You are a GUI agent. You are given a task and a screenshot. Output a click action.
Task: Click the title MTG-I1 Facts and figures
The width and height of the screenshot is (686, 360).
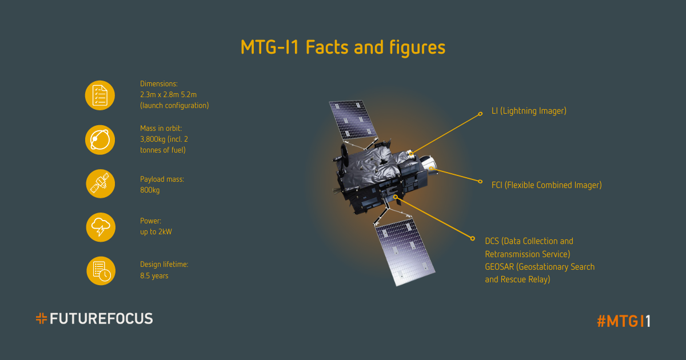343,48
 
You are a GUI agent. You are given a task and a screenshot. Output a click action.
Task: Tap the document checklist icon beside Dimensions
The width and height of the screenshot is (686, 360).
100,95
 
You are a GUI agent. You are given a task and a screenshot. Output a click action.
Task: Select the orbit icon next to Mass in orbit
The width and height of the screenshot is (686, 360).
100,139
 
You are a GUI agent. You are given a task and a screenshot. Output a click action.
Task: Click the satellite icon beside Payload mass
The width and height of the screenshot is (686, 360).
100,183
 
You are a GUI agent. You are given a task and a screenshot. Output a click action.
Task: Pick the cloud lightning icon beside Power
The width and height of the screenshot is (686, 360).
101,227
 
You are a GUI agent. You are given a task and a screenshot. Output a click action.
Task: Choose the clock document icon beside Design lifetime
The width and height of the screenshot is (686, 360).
101,271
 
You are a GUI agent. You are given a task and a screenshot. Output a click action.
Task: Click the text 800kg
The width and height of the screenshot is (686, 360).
150,190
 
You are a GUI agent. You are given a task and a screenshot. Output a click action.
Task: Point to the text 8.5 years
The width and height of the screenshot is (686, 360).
154,276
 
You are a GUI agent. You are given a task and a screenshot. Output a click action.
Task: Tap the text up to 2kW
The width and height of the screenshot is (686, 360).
156,232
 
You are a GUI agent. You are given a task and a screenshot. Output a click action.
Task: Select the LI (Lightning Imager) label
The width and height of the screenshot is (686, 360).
529,111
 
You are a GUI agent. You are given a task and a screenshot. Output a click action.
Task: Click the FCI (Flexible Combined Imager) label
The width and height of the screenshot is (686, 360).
547,185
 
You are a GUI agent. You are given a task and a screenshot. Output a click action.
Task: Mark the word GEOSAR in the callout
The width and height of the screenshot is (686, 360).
499,267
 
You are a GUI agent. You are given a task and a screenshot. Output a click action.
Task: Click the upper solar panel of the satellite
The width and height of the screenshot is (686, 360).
353,119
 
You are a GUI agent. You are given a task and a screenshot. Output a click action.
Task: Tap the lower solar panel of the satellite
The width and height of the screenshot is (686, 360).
405,251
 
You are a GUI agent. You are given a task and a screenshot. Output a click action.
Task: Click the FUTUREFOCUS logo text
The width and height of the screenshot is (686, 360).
101,319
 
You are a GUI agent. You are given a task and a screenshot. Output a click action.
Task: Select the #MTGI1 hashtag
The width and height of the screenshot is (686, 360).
624,321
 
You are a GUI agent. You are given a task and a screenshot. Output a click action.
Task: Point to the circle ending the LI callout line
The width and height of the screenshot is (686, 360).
480,114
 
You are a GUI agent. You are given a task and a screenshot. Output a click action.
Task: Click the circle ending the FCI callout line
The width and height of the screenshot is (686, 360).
480,182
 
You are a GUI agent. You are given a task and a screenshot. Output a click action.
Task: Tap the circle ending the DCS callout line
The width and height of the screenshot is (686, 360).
473,238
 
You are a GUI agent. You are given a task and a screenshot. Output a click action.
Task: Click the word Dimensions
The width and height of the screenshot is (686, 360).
159,83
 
